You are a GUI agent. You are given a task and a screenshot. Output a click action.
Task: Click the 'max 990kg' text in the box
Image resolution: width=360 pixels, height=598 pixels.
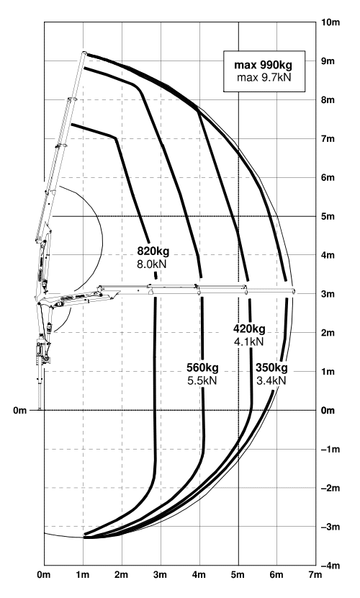click(264, 64)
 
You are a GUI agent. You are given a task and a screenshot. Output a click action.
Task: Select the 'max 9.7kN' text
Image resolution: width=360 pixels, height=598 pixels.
click(264, 78)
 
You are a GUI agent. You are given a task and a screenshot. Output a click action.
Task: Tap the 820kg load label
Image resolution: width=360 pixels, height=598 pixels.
click(153, 251)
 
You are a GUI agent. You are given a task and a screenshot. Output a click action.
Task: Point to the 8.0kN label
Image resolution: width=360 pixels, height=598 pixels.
click(152, 264)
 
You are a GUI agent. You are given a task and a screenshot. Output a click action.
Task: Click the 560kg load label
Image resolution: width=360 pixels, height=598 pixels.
click(202, 367)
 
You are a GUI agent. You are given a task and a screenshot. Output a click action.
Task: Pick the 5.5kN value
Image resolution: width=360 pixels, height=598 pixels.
click(202, 380)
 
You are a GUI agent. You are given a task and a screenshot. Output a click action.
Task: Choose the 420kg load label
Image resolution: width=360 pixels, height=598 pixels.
click(250, 329)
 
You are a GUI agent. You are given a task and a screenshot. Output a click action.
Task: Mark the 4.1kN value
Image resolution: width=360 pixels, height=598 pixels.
click(249, 342)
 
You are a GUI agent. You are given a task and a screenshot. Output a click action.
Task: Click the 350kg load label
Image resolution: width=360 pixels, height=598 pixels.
click(271, 367)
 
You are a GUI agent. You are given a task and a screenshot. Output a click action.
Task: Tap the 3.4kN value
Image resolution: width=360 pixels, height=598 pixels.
click(271, 380)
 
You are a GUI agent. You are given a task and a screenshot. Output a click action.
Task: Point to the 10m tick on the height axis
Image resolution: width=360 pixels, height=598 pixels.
click(330, 22)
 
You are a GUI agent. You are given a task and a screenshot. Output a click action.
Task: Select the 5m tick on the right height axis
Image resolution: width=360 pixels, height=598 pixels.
click(328, 216)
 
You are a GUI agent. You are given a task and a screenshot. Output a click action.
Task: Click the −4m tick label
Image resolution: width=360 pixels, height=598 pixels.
click(330, 566)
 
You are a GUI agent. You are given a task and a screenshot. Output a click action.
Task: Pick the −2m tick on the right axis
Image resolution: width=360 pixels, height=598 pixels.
click(330, 488)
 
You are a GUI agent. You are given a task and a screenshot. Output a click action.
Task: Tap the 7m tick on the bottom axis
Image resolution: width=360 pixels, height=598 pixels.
click(315, 575)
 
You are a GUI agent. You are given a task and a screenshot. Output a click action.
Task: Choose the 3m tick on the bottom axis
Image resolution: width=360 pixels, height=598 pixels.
click(160, 575)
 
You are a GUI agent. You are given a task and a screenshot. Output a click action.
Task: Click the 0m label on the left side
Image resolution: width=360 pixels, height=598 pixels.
click(20, 411)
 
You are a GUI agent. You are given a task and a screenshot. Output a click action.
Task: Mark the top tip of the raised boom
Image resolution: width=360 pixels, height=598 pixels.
click(84, 53)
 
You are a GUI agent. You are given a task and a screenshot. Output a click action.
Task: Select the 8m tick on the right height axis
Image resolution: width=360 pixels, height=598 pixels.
click(328, 100)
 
